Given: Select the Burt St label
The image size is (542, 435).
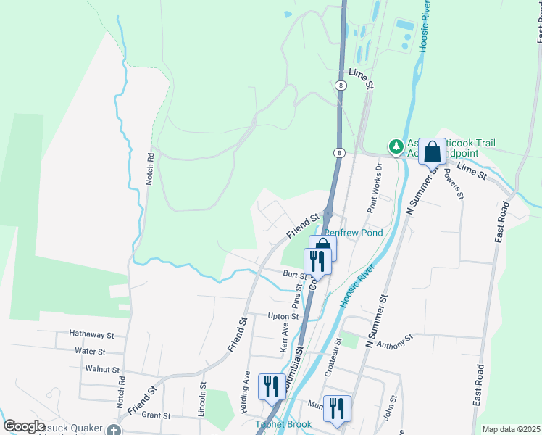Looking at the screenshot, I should coord(295,275).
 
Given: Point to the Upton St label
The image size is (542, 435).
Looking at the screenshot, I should coord(283,317).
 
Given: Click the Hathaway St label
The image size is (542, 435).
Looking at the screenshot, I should coord(92,335).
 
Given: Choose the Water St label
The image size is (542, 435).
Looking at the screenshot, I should coord(91,351).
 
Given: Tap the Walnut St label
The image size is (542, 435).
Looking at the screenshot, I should coord(102,369).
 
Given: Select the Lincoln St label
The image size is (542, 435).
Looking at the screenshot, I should coord(203,399).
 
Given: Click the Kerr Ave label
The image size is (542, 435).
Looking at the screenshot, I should coord(284,338).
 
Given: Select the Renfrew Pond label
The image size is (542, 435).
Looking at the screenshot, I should coord(353,233).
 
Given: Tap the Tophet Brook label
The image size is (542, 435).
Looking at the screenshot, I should coord(283,425).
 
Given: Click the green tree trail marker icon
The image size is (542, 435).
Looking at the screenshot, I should coord(396,147).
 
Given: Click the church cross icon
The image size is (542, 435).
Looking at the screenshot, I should coord(114,430).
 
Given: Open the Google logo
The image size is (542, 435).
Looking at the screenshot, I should coord(24,426).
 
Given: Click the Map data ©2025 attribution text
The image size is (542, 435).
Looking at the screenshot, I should coord(511,429).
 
